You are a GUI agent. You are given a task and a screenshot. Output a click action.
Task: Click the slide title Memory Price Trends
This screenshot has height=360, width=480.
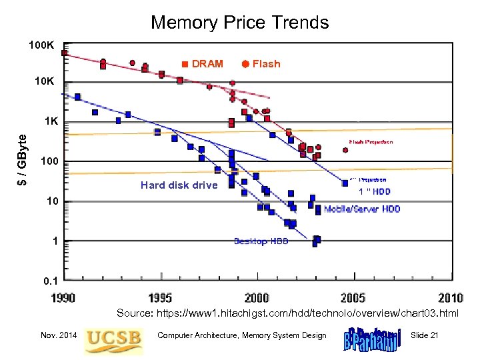pyautogui.click(x=239, y=22)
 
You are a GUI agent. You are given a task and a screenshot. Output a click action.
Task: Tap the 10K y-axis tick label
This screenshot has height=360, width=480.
pyautogui.click(x=45, y=83)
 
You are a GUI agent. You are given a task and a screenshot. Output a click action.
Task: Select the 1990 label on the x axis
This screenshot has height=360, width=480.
pyautogui.click(x=65, y=297)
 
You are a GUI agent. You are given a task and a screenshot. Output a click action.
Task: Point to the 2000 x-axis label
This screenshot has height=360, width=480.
pyautogui.click(x=258, y=297)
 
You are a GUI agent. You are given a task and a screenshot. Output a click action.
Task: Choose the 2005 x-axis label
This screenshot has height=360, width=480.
pyautogui.click(x=354, y=297)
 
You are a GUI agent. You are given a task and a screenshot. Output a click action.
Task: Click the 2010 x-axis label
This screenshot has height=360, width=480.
pyautogui.click(x=450, y=297)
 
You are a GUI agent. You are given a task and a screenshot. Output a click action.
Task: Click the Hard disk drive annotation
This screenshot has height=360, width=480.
pyautogui.click(x=179, y=185)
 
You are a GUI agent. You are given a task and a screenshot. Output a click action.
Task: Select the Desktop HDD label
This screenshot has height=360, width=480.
pyautogui.click(x=261, y=241)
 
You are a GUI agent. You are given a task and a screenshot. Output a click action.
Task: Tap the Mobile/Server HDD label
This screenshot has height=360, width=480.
pyautogui.click(x=362, y=209)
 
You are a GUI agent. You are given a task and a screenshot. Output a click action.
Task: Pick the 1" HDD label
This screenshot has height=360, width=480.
pyautogui.click(x=375, y=191)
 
